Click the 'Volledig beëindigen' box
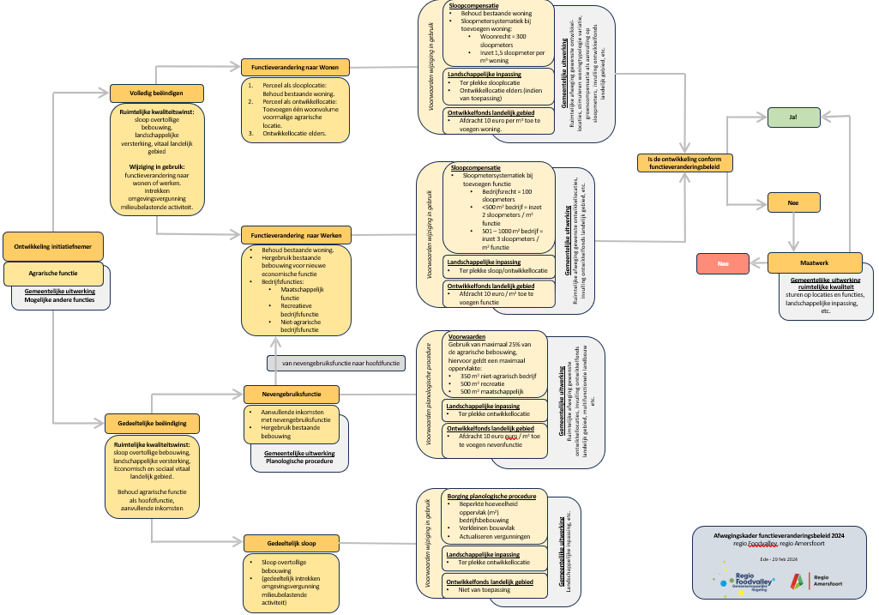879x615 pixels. click(158, 93)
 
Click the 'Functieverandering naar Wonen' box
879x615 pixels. click(295, 66)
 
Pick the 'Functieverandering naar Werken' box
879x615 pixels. click(295, 234)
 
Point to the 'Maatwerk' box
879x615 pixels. click(814, 262)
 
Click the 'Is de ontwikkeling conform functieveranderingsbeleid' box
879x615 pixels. click(685, 162)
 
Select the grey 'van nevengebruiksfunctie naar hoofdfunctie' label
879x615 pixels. click(341, 363)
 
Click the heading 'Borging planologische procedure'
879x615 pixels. click(491, 496)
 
